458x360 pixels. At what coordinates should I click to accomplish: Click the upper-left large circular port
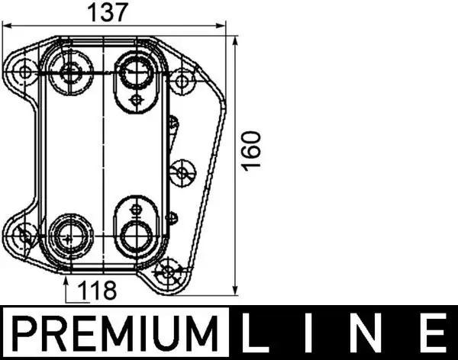point(72,73)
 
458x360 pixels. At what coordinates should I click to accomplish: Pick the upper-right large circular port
point(136,72)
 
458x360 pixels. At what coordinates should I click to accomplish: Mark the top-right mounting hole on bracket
point(182,79)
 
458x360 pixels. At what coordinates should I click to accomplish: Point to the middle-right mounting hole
point(182,172)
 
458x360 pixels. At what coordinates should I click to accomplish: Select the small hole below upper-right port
point(136,100)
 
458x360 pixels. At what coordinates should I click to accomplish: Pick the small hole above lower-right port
point(136,207)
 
